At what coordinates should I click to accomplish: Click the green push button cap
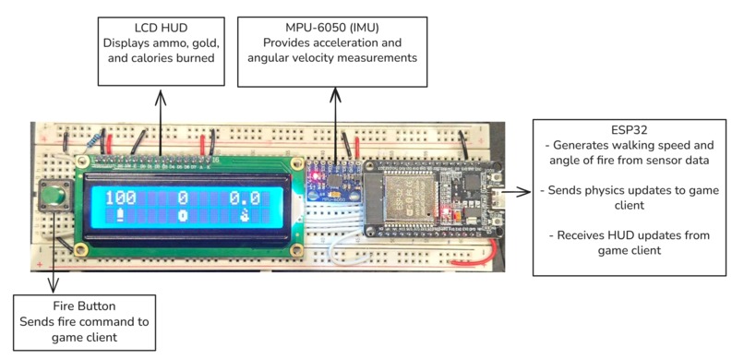[55, 195]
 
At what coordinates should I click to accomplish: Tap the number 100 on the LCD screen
[120, 198]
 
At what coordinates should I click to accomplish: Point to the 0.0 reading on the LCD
[245, 198]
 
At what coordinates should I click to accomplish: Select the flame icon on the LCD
[245, 216]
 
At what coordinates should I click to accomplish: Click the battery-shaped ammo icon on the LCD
[120, 216]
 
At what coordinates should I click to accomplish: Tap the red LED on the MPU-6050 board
[314, 176]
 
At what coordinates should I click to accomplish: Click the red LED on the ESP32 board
[445, 210]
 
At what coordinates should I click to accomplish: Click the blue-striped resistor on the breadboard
[94, 141]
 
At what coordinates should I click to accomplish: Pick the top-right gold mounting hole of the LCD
[297, 163]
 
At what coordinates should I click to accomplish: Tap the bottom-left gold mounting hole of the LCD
[81, 248]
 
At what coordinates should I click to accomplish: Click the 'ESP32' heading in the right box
[630, 130]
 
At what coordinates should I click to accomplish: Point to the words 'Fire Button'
[84, 306]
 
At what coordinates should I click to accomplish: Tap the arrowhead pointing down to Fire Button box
[54, 286]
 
